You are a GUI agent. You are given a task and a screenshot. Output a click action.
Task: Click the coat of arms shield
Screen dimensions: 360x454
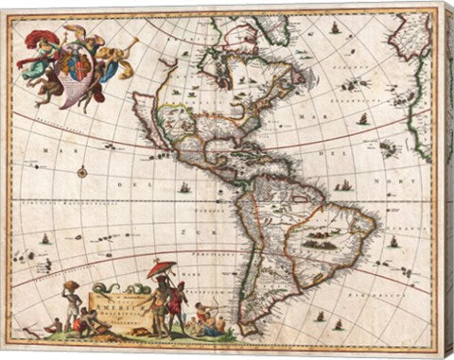click(x=72, y=65)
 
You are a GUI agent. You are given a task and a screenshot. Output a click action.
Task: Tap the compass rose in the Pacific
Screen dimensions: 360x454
click(x=82, y=172)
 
